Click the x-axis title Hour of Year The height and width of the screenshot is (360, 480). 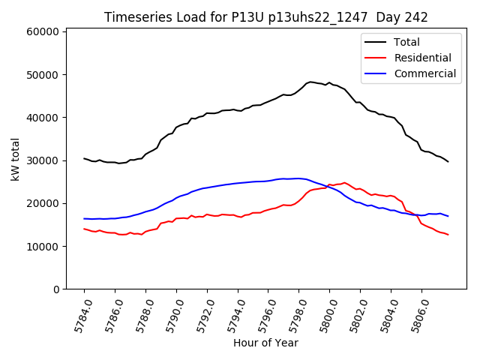[265, 343]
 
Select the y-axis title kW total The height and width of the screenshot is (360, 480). [15, 159]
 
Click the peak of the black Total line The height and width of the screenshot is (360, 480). [310, 82]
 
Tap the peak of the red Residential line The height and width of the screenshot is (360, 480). [344, 182]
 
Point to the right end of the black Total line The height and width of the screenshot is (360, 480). [448, 161]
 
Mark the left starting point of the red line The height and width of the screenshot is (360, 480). [84, 229]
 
